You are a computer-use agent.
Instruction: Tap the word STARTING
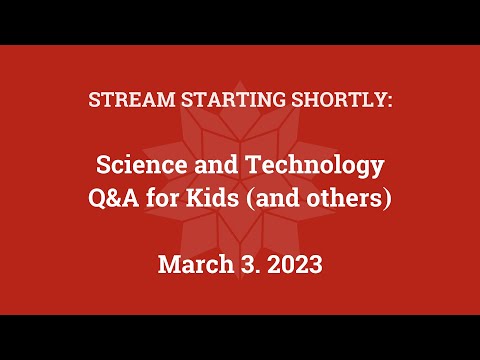(215, 102)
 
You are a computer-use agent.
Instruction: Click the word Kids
(211, 198)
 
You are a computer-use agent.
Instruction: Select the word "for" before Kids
(163, 198)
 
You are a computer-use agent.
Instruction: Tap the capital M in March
(169, 266)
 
